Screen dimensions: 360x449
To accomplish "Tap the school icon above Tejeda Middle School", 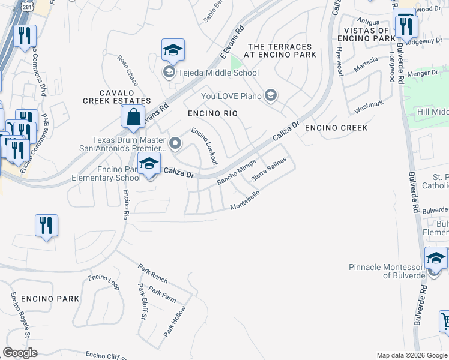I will coord(173,50).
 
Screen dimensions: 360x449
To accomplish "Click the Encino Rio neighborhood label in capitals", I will coord(212,113).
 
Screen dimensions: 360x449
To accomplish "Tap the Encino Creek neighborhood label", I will coord(335,128).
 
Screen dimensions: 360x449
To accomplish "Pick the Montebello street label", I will coord(246,201).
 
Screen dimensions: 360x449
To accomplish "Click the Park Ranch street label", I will coord(152,273).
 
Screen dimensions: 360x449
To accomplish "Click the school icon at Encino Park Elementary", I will coord(149,163).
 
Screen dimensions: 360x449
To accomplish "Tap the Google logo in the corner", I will coord(20,353).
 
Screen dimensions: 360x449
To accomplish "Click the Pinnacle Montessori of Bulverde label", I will coord(387,271).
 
